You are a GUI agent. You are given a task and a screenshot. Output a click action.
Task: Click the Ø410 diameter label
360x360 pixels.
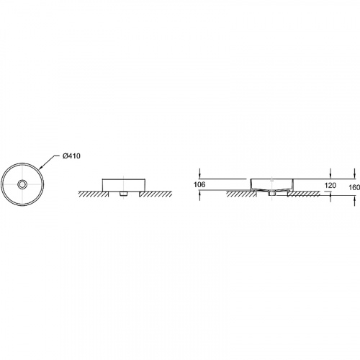click(x=71, y=156)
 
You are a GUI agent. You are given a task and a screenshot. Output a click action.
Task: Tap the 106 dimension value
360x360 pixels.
click(x=199, y=184)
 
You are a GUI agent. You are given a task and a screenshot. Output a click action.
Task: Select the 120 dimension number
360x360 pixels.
click(x=330, y=185)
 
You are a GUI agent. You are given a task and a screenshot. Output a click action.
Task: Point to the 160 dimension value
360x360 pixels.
click(x=354, y=187)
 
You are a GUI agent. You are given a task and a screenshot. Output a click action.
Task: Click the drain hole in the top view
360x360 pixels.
click(x=22, y=184)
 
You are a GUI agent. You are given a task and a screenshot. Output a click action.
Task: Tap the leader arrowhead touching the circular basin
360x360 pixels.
click(x=40, y=168)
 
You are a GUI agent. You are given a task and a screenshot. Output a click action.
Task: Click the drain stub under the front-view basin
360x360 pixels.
click(x=123, y=194)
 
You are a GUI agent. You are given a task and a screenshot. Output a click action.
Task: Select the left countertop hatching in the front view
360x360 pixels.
click(x=93, y=194)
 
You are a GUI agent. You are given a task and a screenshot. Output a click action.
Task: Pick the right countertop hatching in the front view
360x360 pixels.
click(x=156, y=194)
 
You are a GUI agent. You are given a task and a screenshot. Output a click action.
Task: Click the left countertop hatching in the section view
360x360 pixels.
click(x=240, y=194)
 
